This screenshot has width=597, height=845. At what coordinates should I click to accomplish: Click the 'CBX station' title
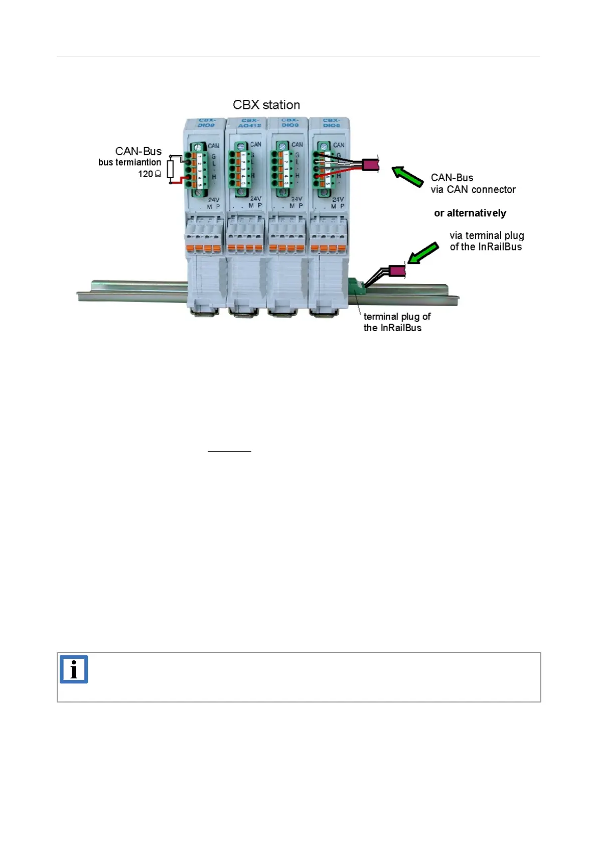[266, 105]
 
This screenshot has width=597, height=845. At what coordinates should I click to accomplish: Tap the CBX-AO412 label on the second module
[250, 123]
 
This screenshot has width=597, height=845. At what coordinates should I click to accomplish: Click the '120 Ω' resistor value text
[150, 174]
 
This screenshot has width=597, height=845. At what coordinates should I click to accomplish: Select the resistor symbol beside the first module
[171, 170]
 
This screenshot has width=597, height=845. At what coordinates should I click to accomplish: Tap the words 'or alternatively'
[470, 213]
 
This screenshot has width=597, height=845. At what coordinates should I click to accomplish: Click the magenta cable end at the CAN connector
[370, 164]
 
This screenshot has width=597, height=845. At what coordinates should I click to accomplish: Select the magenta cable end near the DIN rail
[397, 271]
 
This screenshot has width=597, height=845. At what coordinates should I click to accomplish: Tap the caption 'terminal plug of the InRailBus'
[396, 322]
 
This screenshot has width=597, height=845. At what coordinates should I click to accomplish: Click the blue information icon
[74, 669]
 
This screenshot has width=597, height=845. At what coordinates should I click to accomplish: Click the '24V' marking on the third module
[296, 199]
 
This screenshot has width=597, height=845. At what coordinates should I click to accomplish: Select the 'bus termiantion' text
[129, 163]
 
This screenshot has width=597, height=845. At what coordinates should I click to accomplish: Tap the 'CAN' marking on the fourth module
[339, 145]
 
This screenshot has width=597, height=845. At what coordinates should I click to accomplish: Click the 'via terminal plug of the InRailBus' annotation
[486, 241]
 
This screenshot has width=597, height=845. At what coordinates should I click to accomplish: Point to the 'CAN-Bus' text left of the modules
[138, 151]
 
